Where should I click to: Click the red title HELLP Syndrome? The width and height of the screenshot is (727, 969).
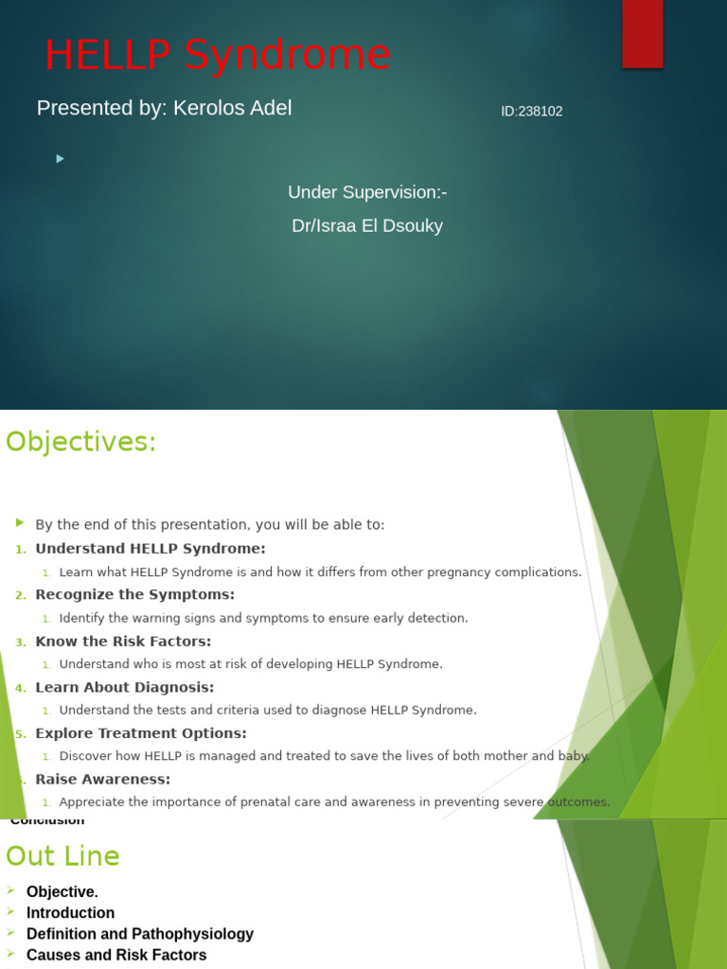click(217, 55)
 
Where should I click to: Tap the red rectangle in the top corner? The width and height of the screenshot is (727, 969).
click(642, 33)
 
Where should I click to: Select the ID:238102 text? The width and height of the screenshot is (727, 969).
click(531, 111)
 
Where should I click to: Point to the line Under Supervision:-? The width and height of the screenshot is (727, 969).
click(367, 192)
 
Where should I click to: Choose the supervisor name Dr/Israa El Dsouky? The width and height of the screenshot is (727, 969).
click(367, 226)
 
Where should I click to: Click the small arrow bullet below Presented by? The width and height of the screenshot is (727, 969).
click(61, 159)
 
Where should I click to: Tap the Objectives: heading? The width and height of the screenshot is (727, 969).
click(80, 442)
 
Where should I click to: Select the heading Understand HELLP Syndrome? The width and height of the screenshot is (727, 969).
click(151, 549)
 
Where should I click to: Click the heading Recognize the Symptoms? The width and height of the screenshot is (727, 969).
click(134, 594)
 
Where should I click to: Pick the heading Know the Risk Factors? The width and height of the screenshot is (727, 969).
click(123, 641)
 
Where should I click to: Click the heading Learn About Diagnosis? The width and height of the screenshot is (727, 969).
click(125, 687)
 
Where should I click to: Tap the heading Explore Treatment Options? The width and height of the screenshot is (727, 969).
click(141, 733)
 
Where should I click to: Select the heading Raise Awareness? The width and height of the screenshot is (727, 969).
click(103, 780)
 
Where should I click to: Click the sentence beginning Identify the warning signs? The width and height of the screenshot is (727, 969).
click(263, 618)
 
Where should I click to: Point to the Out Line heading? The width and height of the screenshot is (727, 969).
click(62, 856)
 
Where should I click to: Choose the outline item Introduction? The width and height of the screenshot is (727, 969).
click(70, 913)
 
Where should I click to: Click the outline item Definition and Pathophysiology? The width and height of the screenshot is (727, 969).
click(140, 934)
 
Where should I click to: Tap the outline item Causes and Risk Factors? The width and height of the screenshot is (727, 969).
click(116, 955)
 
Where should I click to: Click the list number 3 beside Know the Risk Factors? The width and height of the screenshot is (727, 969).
click(21, 642)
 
